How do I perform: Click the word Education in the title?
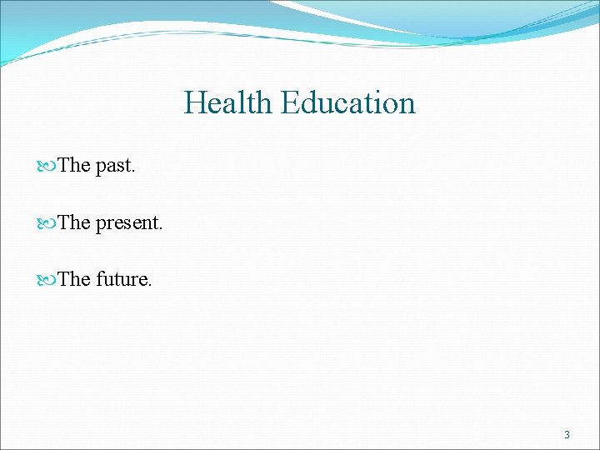tap(347, 103)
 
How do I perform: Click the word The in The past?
tap(74, 166)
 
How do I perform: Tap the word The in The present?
tap(74, 223)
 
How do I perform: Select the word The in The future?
tap(74, 280)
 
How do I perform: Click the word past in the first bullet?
tap(113, 167)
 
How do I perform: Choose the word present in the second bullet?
tap(127, 224)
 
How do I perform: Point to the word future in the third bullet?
tap(122, 280)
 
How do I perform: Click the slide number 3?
tap(567, 435)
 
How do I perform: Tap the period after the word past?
tap(133, 172)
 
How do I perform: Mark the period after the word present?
tap(161, 229)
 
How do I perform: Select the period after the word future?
tap(150, 286)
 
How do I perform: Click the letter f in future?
tap(100, 279)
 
